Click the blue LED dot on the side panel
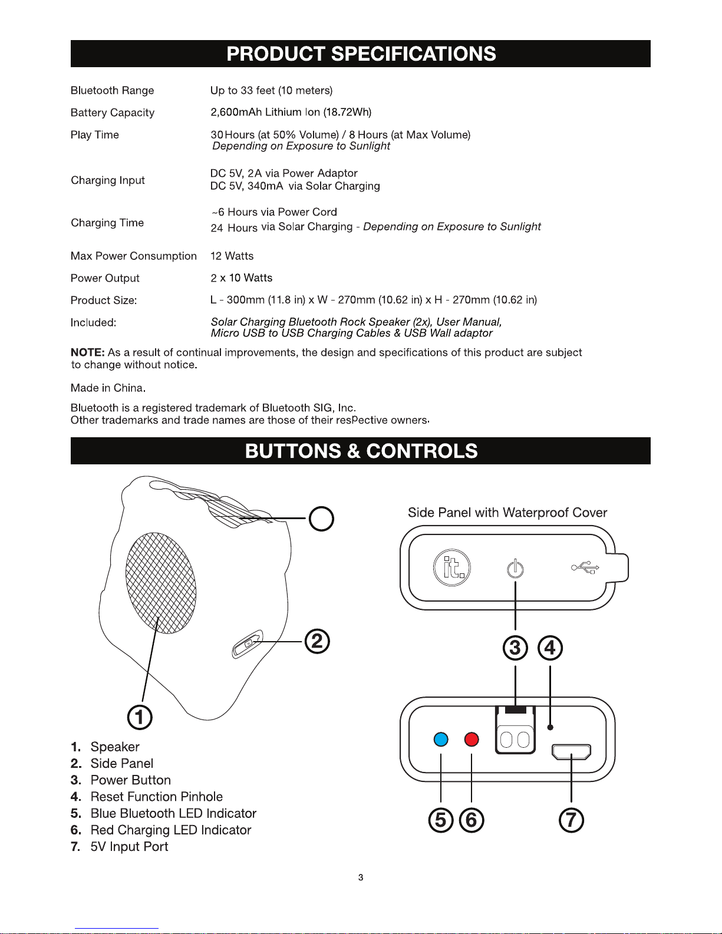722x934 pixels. click(x=441, y=739)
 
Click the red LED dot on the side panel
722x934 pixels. click(x=472, y=739)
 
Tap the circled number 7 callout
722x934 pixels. click(x=571, y=820)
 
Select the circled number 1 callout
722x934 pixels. click(x=140, y=717)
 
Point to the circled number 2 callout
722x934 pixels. click(x=317, y=641)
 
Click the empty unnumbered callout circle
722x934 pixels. click(x=321, y=519)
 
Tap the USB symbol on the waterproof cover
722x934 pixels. click(x=585, y=567)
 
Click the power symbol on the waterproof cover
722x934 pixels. click(x=515, y=569)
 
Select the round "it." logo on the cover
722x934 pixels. click(x=452, y=567)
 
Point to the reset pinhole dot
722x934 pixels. click(x=550, y=727)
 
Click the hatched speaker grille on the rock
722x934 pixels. click(x=161, y=583)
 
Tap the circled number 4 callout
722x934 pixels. click(x=550, y=648)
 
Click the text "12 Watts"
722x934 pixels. click(x=232, y=256)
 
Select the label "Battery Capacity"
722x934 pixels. click(x=113, y=113)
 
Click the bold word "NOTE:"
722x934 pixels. click(x=87, y=352)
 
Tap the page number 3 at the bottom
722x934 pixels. click(x=361, y=877)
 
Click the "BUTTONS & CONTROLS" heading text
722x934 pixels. click(x=361, y=451)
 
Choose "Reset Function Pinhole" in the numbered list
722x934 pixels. click(x=156, y=797)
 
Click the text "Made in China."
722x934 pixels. click(x=108, y=388)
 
